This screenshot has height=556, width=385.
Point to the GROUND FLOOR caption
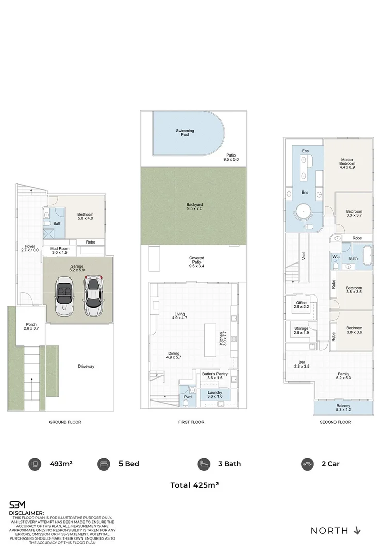(x=65, y=422)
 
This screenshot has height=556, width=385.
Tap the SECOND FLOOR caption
(x=336, y=422)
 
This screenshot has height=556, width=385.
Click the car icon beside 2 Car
(x=307, y=464)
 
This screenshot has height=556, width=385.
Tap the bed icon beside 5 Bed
(x=103, y=464)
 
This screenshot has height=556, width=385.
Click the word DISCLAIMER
(x=26, y=513)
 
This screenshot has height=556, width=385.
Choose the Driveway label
(x=87, y=367)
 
